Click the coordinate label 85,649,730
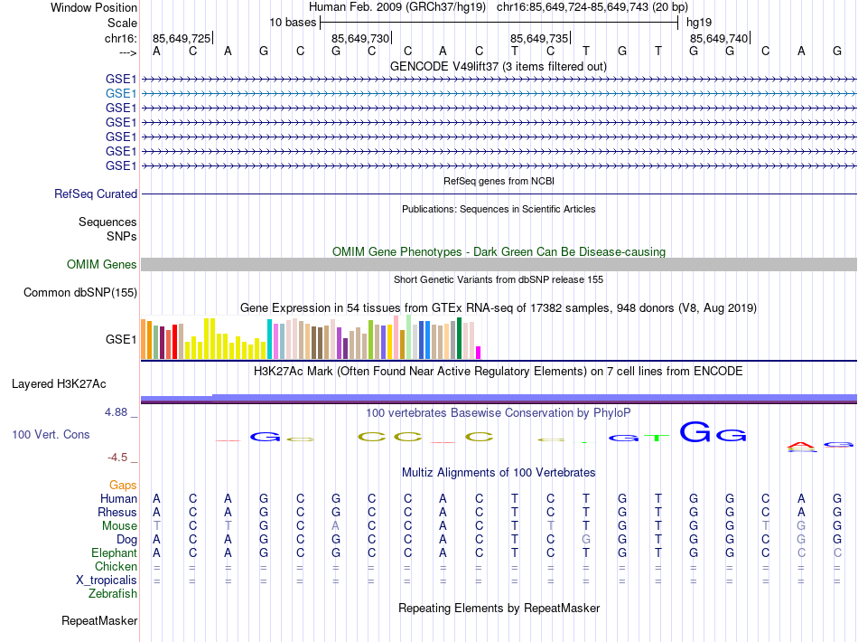[360, 38]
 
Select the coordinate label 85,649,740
[719, 38]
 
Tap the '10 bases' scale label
[292, 23]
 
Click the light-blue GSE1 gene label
[121, 93]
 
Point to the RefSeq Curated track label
[96, 194]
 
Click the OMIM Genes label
[102, 265]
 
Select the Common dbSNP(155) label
[80, 292]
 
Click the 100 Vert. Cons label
[51, 435]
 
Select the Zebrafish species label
[113, 594]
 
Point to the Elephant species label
[114, 553]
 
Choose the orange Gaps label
[123, 486]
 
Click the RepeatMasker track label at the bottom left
[99, 621]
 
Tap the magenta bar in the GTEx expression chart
[479, 353]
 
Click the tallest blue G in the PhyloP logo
[695, 432]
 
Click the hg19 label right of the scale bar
[699, 23]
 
